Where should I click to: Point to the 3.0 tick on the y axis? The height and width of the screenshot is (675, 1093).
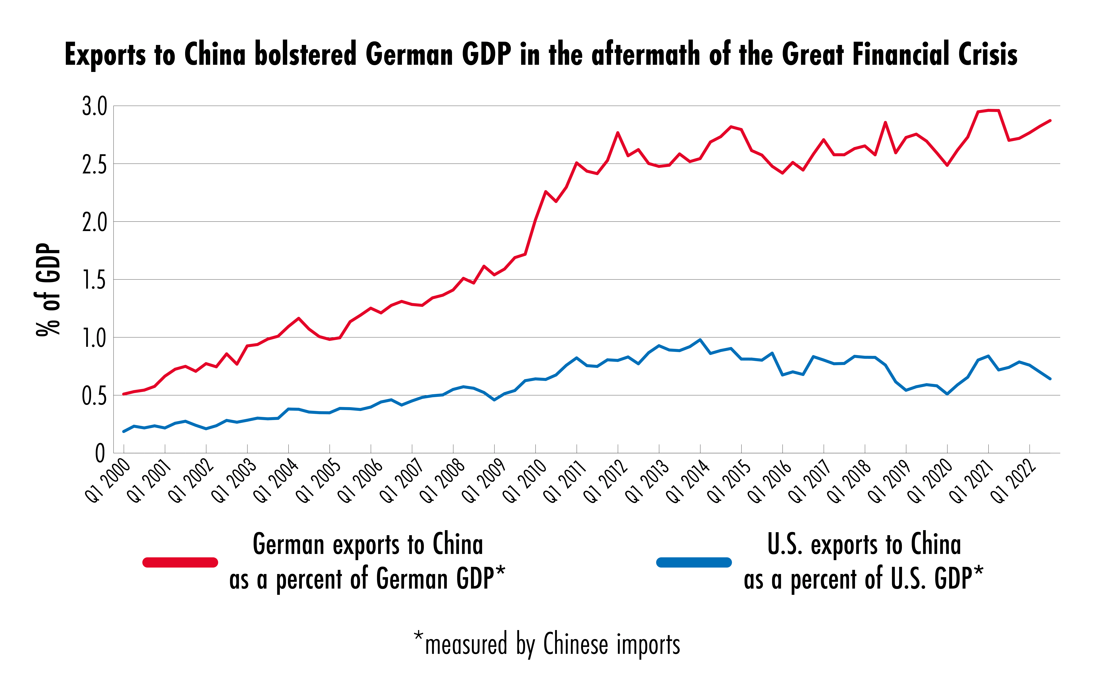point(95,107)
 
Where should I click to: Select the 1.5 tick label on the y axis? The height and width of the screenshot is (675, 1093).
point(95,280)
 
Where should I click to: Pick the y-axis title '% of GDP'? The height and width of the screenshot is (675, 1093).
point(48,289)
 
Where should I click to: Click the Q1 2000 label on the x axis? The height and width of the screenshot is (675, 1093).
point(108,481)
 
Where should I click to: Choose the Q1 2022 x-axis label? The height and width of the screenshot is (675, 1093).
point(1013,481)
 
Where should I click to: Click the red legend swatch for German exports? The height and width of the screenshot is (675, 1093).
point(180,562)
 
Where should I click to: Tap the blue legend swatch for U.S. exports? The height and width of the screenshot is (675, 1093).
point(694,562)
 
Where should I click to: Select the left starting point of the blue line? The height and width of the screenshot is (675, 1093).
point(124,431)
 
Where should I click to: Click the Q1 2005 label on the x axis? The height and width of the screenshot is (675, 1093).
point(318,481)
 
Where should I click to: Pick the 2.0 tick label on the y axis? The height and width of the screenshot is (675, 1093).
point(95,222)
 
